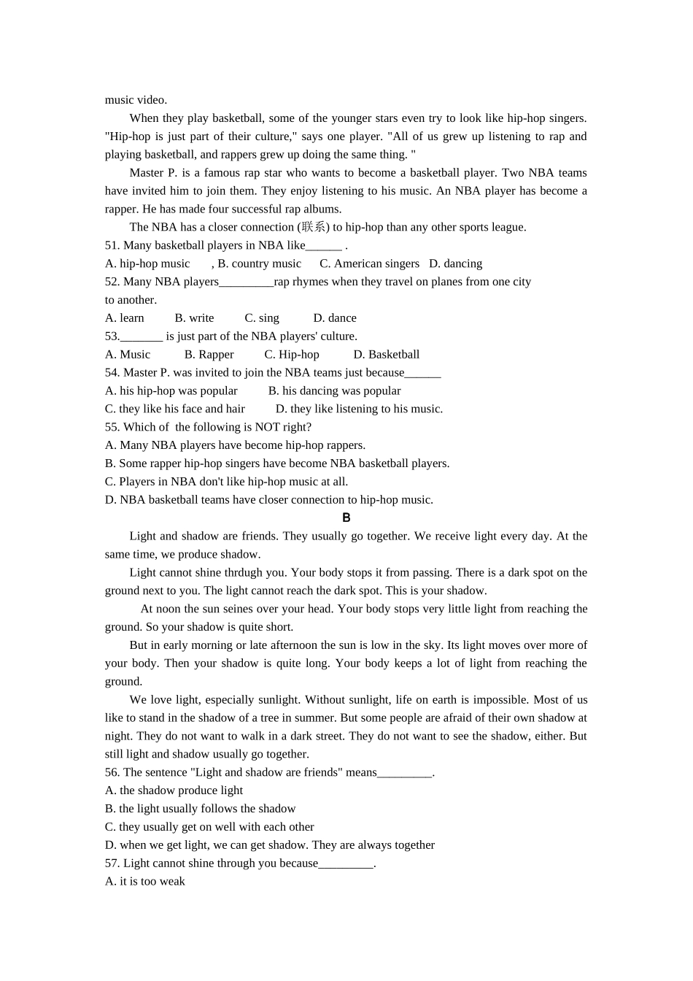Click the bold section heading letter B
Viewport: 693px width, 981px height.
coord(346,518)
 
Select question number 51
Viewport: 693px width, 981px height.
coord(112,245)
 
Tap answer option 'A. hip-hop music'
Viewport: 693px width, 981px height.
coord(147,263)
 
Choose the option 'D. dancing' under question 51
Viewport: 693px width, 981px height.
coord(455,263)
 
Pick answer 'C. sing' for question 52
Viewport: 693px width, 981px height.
coord(262,318)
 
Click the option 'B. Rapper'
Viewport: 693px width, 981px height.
coord(209,355)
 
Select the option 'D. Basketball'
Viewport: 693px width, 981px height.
coord(386,355)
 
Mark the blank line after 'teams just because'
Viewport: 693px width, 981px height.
coord(422,373)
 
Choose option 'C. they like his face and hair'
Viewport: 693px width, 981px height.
coord(175,409)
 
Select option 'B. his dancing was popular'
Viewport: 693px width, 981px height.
coord(334,391)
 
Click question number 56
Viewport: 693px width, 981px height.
coord(112,772)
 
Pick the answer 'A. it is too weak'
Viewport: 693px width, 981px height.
coord(145,881)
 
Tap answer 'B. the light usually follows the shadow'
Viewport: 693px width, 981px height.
coord(200,809)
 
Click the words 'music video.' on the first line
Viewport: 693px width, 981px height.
coord(136,100)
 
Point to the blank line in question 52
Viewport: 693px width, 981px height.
coord(246,282)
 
